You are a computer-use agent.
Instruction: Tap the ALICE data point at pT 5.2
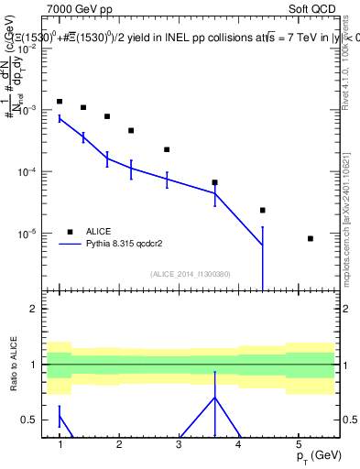click(311, 238)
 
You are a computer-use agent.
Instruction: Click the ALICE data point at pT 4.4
click(263, 210)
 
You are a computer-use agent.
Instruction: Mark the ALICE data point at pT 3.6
click(215, 182)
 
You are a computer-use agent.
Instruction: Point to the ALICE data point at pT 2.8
click(168, 149)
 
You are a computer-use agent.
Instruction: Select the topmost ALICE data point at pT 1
click(60, 102)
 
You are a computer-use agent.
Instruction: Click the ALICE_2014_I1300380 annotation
click(190, 273)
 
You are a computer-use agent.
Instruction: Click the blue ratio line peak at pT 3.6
click(215, 398)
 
